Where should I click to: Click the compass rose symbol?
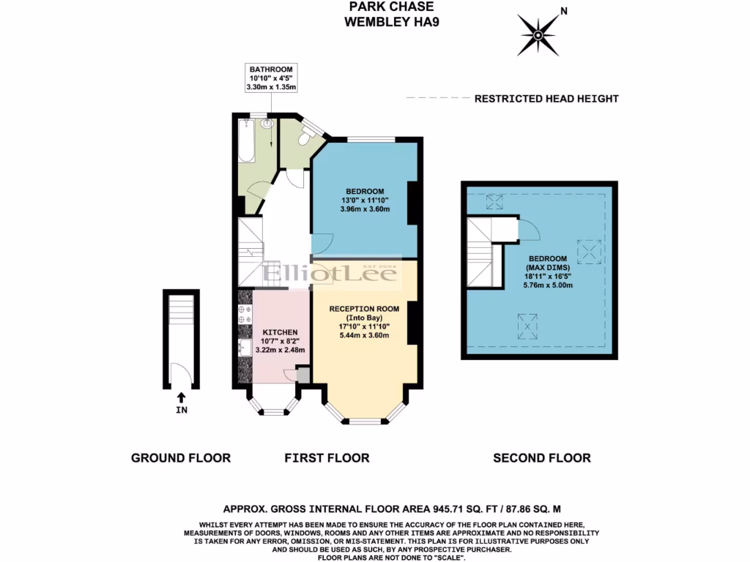click(540, 33)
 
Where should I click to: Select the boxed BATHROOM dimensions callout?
click(271, 78)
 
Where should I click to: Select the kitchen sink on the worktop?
click(245, 349)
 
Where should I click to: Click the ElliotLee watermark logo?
click(331, 274)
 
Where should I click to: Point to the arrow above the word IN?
click(181, 397)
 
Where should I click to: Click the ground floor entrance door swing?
click(182, 374)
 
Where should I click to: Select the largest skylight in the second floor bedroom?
click(588, 252)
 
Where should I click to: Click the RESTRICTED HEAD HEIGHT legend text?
click(546, 99)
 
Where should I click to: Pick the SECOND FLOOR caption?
click(541, 458)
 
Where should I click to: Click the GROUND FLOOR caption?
click(181, 458)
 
